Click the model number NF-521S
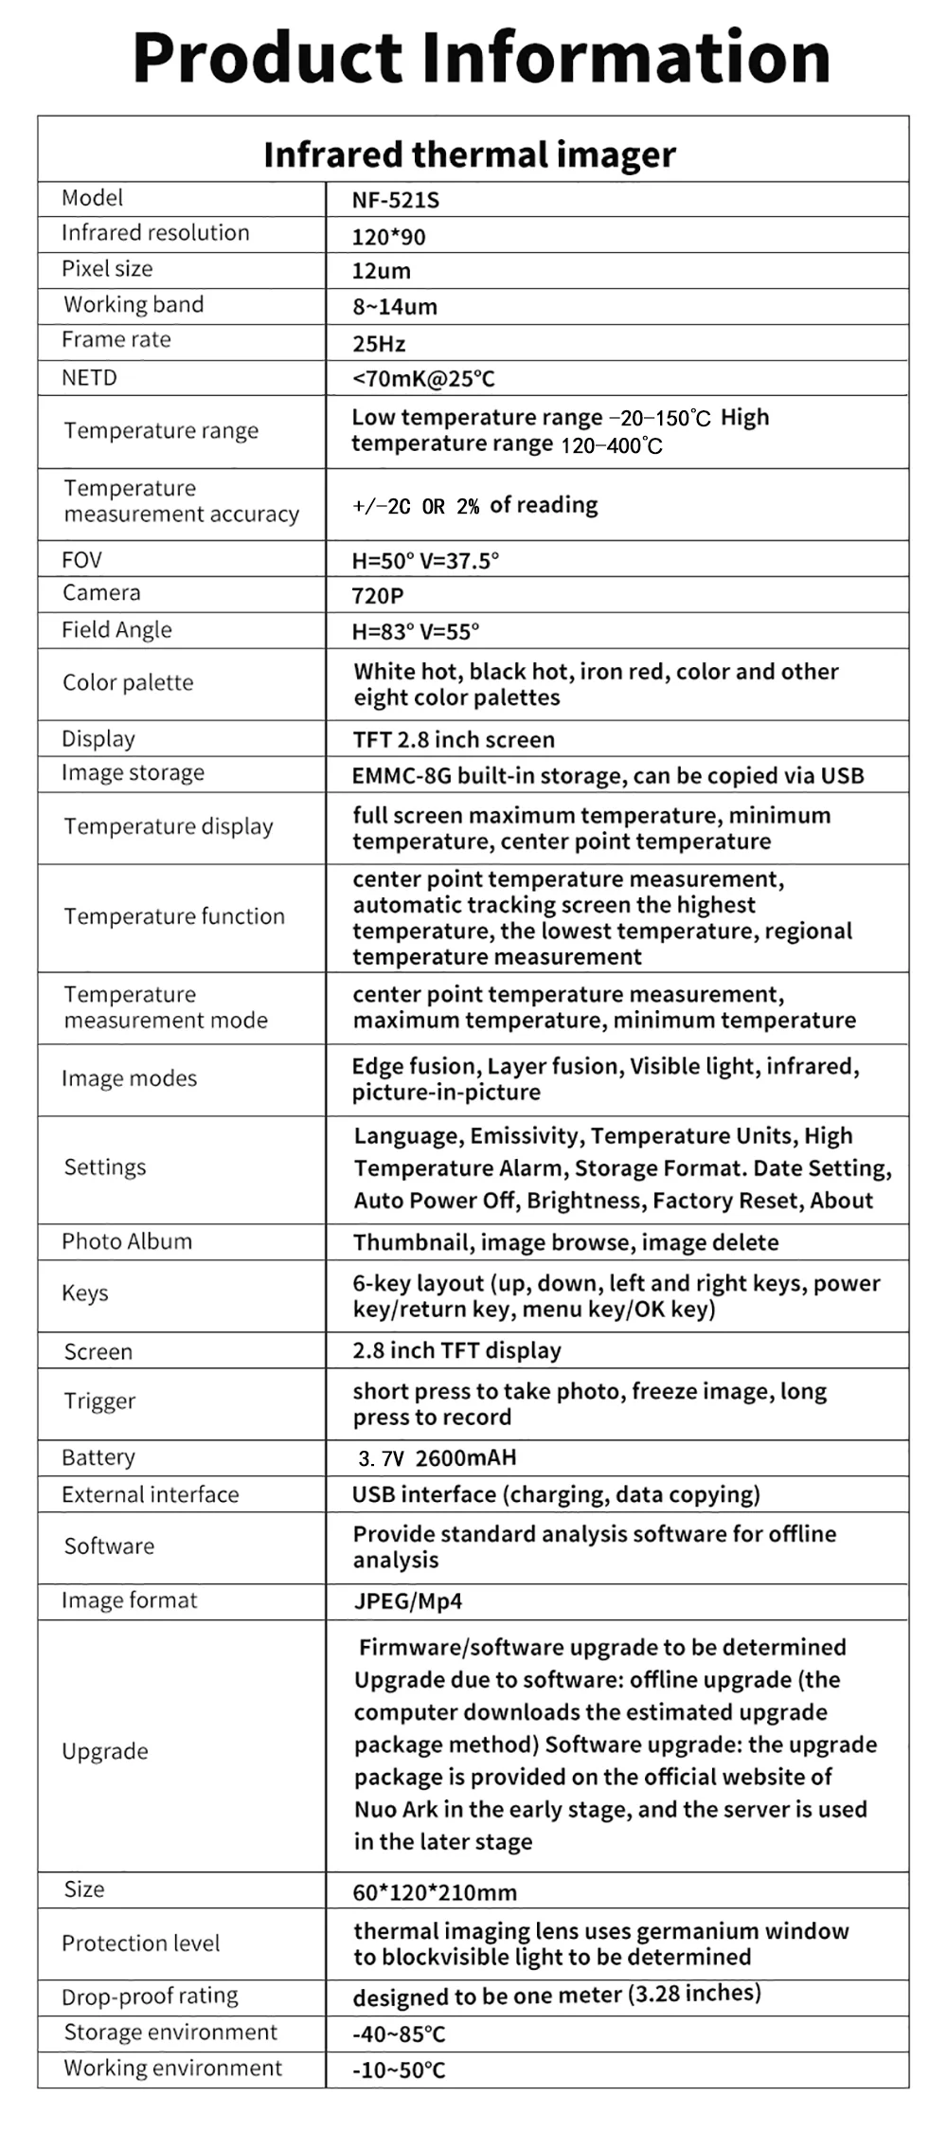[396, 200]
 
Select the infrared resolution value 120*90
[388, 237]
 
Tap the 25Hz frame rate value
[379, 344]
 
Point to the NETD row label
[89, 378]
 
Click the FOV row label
[81, 560]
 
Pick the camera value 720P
[378, 596]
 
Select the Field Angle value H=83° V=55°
[416, 631]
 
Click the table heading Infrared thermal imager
[470, 154]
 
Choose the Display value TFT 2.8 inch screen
[454, 740]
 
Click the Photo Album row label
[127, 1241]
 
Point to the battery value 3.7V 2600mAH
[438, 1457]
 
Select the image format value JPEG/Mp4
[408, 1601]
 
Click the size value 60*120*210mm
[435, 1892]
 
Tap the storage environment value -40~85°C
[399, 2034]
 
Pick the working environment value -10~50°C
[399, 2070]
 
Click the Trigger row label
[99, 1401]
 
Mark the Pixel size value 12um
[382, 271]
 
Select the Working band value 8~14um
[395, 307]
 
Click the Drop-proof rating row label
[150, 1996]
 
